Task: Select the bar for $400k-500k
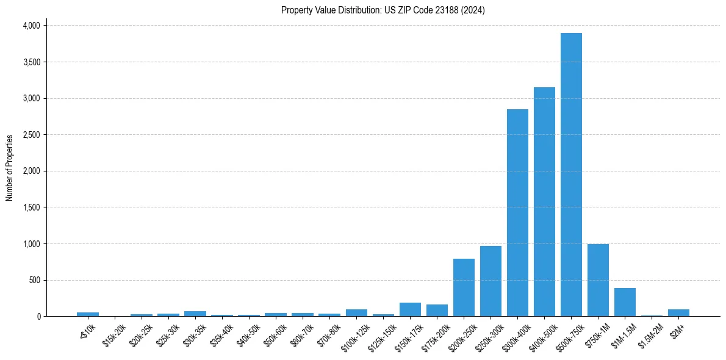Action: (x=544, y=202)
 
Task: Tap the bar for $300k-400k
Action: (x=517, y=213)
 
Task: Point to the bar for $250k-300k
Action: (x=491, y=281)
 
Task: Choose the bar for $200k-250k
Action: (x=464, y=287)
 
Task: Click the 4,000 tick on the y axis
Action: (x=31, y=26)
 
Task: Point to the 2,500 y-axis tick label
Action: (x=31, y=135)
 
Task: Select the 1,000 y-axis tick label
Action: (x=31, y=244)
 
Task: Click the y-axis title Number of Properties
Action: (x=10, y=168)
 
